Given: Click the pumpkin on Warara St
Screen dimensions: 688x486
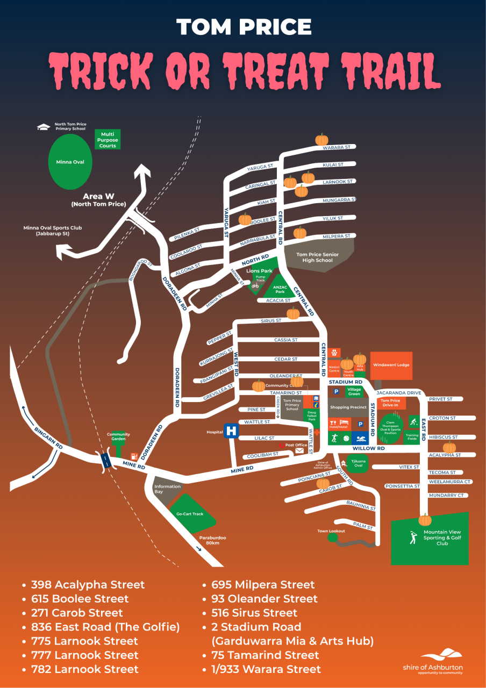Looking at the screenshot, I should (321, 140).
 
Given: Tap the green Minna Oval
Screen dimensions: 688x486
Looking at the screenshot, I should (70, 161).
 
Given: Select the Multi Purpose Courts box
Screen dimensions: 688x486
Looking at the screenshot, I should (108, 139).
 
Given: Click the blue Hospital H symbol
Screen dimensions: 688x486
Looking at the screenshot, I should (232, 431).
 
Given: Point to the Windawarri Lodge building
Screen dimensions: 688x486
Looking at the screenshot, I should (391, 365).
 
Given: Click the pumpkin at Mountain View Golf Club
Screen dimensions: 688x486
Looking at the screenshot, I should (425, 520).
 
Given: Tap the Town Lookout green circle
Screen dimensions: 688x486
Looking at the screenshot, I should (333, 537).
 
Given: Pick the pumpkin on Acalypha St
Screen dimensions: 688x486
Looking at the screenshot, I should (449, 447).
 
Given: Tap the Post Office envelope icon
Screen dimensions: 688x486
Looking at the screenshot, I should (299, 451).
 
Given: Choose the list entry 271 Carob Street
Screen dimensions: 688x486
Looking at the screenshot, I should (76, 613).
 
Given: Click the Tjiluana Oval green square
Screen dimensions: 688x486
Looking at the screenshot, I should (358, 464).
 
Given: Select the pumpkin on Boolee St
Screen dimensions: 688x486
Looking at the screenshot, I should (245, 219).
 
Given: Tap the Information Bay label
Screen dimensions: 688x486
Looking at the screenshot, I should (167, 489).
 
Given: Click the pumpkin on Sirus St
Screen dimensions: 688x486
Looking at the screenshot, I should (293, 314).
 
